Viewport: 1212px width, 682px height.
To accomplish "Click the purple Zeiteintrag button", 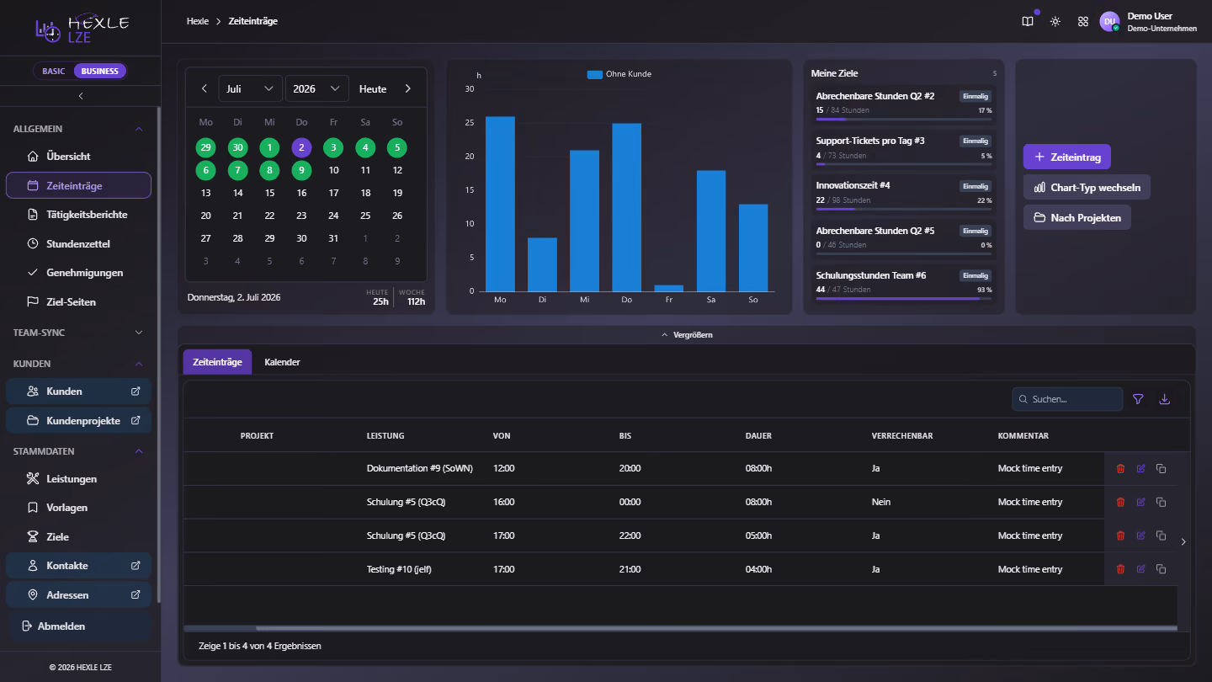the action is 1066,157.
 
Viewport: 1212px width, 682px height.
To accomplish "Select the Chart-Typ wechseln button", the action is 1087,187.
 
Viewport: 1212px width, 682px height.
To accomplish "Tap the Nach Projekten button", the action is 1076,217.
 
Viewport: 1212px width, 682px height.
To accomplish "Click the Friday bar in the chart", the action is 669,289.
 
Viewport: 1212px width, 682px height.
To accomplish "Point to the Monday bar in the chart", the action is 500,204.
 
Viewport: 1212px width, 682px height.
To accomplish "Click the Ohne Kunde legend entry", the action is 619,74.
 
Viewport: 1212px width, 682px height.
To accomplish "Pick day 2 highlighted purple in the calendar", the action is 301,147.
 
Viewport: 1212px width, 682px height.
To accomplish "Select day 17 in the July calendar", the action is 333,193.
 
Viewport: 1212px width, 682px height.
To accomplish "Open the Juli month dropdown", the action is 250,88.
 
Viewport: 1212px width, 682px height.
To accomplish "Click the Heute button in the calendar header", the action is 373,88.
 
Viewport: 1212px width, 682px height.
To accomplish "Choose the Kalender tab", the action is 282,362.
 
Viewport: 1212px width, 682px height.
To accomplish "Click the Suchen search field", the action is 1067,399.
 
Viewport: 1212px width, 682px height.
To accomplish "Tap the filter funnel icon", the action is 1138,399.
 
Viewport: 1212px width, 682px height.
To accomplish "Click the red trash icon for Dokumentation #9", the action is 1120,469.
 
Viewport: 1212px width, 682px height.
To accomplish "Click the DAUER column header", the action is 758,436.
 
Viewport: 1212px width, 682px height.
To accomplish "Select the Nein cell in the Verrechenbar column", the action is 881,502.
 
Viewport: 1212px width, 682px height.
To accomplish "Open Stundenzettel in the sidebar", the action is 78,243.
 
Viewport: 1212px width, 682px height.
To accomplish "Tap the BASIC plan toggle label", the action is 54,71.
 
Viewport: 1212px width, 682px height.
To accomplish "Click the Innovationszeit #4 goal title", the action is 853,185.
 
